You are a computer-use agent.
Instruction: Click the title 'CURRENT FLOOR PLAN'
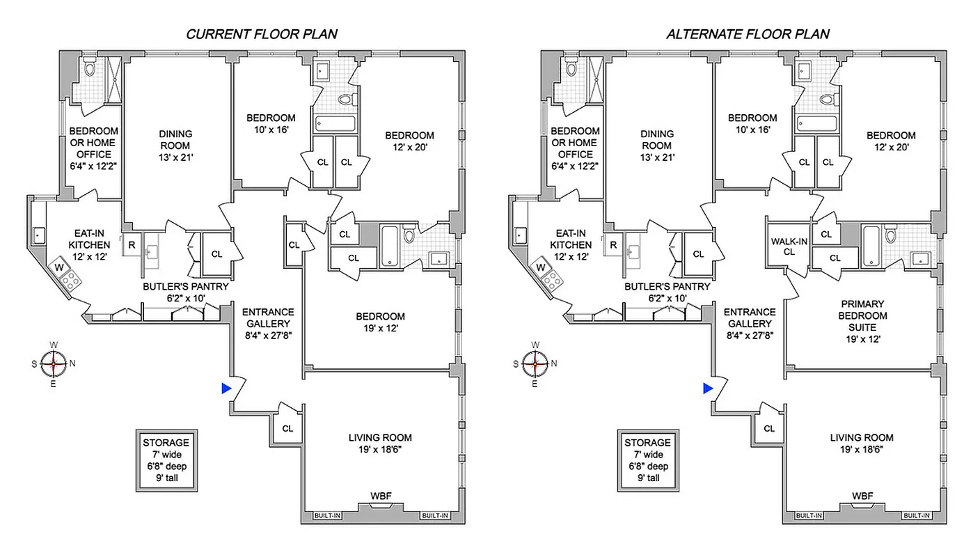tap(261, 34)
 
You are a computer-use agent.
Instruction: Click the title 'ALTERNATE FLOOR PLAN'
tap(748, 34)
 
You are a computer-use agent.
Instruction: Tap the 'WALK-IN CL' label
tap(789, 246)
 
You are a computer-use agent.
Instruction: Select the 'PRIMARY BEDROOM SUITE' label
tap(862, 322)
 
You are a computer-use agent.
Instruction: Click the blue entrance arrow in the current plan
tap(226, 389)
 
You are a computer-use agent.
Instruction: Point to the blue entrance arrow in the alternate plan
tap(707, 389)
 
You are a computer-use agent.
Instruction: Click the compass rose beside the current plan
tap(54, 363)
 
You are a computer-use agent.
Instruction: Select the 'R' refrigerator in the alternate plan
tap(613, 245)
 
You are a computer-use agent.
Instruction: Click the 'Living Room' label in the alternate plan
tap(862, 444)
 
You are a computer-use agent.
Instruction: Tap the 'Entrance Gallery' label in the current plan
tap(268, 323)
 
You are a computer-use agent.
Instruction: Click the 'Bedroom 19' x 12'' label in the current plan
tap(379, 322)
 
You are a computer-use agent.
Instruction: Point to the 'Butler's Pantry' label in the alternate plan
tap(667, 292)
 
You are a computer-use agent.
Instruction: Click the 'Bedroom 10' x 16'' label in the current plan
tap(271, 123)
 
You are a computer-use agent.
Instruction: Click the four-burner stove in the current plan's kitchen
tap(70, 281)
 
